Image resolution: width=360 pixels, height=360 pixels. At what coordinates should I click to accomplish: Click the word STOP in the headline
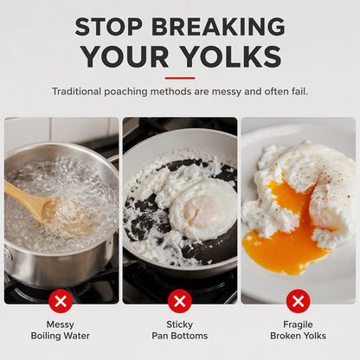click(108, 26)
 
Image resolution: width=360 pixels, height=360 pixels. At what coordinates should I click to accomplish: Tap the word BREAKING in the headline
click(218, 26)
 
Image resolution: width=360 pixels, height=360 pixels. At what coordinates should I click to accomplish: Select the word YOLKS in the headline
click(232, 56)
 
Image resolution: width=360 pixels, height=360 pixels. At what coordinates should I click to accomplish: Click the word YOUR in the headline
click(125, 56)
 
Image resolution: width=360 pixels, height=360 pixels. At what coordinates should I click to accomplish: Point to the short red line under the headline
click(180, 78)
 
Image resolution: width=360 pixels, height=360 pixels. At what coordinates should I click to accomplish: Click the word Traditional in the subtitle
click(76, 92)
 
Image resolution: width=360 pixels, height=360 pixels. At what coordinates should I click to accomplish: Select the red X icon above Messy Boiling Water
click(61, 301)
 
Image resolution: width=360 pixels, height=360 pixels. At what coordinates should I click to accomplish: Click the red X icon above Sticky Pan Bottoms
click(180, 301)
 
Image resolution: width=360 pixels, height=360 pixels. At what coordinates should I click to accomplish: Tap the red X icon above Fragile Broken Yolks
click(299, 301)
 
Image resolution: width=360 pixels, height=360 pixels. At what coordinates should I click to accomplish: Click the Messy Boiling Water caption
click(61, 330)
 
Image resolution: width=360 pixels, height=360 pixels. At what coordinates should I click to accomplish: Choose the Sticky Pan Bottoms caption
click(180, 330)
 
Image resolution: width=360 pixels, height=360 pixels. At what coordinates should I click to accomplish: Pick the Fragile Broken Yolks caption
click(298, 330)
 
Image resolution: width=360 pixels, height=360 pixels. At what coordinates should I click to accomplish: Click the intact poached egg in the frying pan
click(203, 209)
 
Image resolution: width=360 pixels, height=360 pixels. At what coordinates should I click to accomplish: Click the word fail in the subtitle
click(301, 92)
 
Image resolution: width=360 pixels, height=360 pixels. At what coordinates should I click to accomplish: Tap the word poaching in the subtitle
click(125, 92)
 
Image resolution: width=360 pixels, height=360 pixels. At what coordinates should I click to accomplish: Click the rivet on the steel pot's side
click(6, 254)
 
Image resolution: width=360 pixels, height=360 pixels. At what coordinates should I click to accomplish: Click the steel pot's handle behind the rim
click(114, 158)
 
